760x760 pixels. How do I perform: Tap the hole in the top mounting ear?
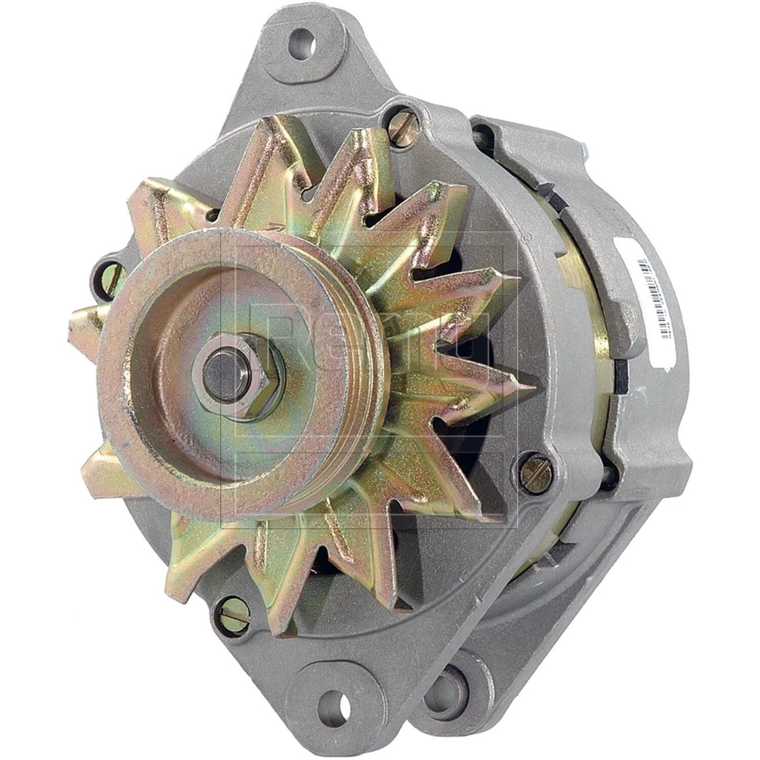[302, 44]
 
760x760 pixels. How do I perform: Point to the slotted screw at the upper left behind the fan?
[108, 279]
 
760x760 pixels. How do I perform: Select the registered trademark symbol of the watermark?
[523, 234]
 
